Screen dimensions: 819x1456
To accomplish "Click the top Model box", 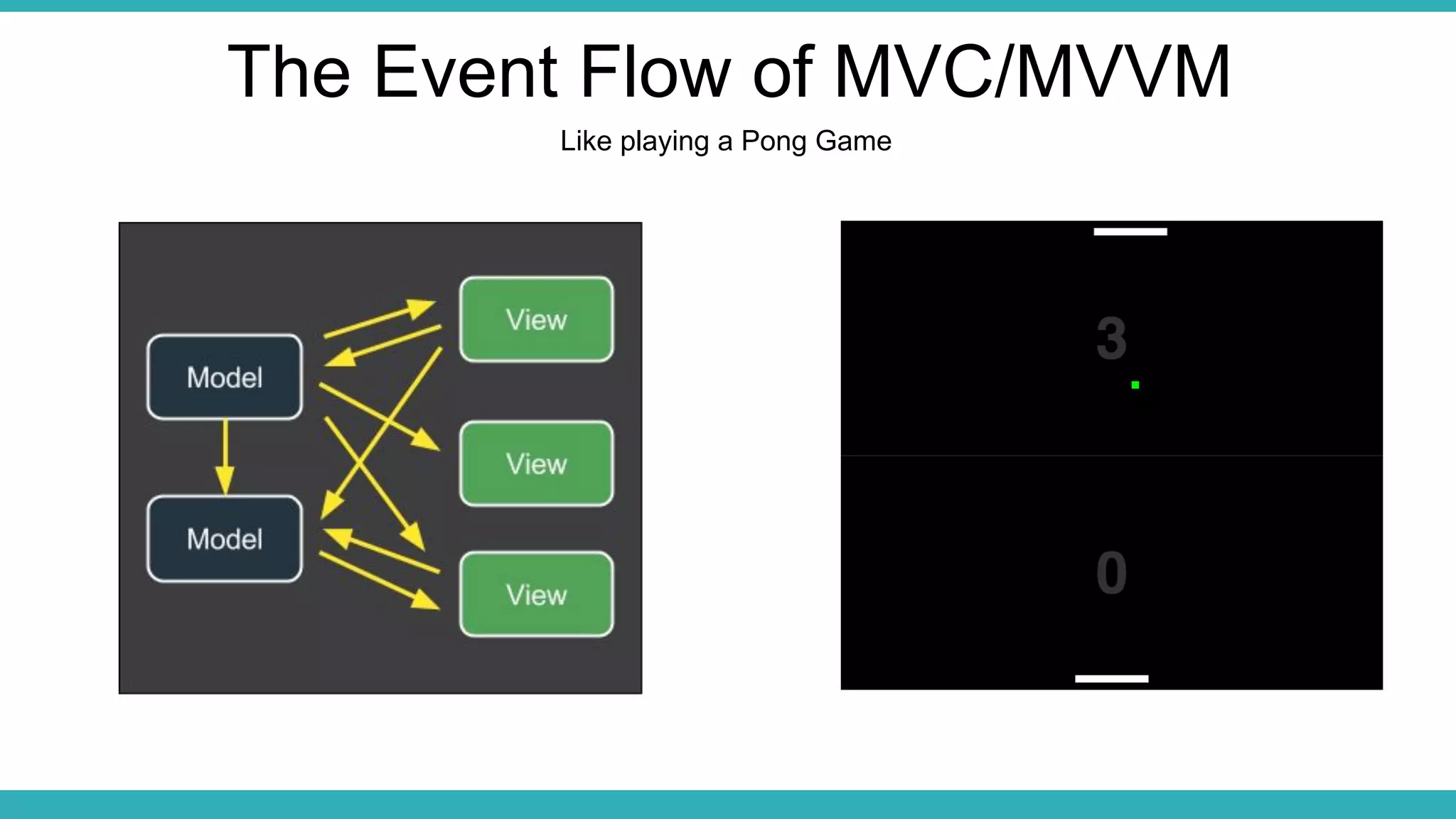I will click(225, 377).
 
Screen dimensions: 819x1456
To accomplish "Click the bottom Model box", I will click(225, 538).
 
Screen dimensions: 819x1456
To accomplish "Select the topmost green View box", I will click(537, 319).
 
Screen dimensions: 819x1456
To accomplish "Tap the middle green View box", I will click(537, 464).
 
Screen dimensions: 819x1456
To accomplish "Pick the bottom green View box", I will click(537, 594).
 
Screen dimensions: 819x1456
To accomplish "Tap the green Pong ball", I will click(1135, 385).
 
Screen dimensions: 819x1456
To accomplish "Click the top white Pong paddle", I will click(1130, 232).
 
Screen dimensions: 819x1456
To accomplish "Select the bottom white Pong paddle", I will click(1112, 679).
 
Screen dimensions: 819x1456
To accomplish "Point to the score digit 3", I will click(1111, 338).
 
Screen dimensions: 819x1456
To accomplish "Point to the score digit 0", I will click(1111, 572).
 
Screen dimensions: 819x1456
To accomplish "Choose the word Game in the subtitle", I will click(853, 141).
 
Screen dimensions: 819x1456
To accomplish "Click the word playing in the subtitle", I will click(665, 141).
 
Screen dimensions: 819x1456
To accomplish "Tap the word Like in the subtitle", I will click(586, 141).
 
